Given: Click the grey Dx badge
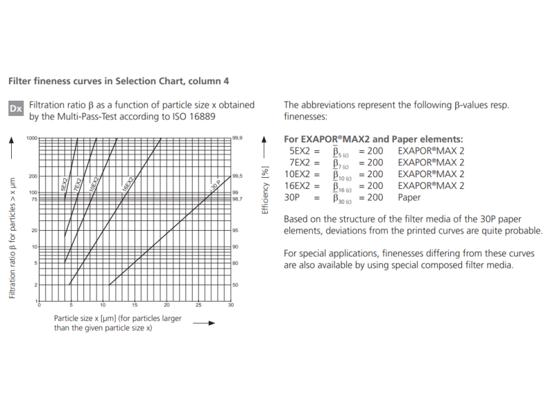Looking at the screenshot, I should coord(16,109).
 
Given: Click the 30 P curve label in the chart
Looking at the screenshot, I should coord(215,186).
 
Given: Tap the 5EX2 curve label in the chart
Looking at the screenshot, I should coord(65,184).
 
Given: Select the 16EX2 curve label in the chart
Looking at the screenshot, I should coord(127,184).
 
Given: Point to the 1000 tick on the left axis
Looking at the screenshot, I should coord(31,138).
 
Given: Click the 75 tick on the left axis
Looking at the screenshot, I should coord(33,199).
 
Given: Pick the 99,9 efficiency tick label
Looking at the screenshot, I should coord(237,138).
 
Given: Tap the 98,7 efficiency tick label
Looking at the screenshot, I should coord(237,199).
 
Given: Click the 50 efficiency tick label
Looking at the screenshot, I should coord(235,285).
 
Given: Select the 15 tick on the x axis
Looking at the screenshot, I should coord(135,305).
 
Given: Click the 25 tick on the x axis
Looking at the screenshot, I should coord(198,305).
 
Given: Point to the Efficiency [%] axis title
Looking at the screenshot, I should coord(264,190).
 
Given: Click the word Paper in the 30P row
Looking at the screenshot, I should coord(409,197).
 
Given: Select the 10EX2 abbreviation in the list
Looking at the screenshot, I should coord(301,174).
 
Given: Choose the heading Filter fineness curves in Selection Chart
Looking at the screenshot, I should coord(118,81).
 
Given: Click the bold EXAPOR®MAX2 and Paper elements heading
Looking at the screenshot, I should coord(374,139).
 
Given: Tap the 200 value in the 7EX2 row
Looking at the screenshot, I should coord(375,162).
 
